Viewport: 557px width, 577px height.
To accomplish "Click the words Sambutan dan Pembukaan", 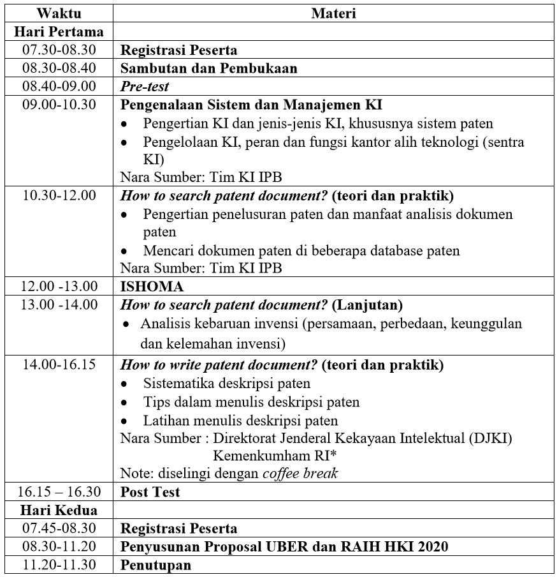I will [209, 68].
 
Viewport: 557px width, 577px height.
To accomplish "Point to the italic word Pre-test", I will [145, 86].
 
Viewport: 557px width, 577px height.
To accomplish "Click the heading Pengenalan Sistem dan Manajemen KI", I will [251, 104].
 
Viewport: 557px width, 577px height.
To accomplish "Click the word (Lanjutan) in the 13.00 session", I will [367, 304].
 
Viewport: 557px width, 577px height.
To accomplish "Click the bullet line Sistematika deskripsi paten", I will [227, 384].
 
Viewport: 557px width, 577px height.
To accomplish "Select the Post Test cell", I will [150, 491].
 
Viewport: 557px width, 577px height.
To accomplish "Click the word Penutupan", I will [156, 565].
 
